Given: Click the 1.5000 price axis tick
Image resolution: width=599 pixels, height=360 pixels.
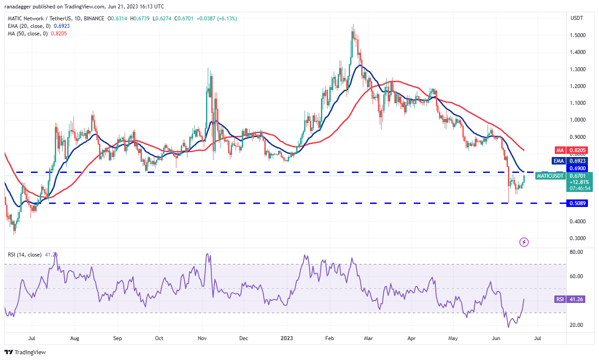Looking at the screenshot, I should point(579,35).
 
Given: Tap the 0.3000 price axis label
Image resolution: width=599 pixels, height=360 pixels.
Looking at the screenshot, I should point(579,238).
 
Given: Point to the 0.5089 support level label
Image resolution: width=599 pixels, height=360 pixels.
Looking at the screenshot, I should point(579,203).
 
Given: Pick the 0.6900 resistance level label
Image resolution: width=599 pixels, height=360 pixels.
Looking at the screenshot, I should point(579,169).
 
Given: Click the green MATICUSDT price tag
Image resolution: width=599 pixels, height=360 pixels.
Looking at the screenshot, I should point(550,176).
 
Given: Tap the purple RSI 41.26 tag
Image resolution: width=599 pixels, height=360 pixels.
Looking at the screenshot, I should point(559,299).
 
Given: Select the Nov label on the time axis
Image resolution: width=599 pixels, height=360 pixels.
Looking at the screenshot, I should point(202,338).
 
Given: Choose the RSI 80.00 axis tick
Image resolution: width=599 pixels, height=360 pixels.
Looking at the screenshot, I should point(577,252).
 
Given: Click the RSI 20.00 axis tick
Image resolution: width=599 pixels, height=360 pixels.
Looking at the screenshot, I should point(577,325).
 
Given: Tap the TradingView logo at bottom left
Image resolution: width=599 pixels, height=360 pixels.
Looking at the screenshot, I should point(25,352).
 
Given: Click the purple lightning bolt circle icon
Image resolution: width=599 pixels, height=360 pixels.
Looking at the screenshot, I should point(524,242).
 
